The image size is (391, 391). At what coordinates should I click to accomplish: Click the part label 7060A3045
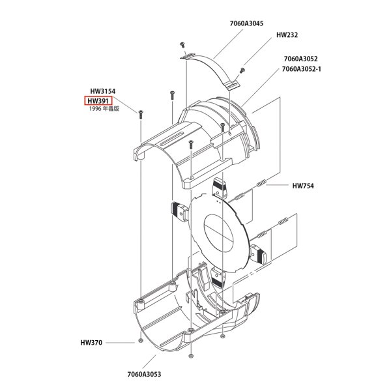[246, 23]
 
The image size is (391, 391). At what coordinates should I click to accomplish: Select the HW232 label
[287, 35]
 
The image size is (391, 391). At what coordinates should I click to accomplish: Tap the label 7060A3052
[300, 58]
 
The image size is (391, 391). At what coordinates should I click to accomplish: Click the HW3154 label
[102, 92]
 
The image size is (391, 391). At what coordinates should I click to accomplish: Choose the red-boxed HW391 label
[98, 101]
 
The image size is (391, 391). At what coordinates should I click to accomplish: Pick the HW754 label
[303, 186]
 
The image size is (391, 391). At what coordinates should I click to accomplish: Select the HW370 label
[93, 342]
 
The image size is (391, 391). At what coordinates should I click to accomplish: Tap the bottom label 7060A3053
[144, 375]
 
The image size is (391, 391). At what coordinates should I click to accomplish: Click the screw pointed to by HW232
[242, 69]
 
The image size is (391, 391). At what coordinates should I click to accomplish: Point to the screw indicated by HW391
[141, 115]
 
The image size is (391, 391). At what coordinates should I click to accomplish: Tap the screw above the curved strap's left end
[182, 44]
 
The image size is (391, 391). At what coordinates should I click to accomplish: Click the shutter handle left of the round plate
[177, 211]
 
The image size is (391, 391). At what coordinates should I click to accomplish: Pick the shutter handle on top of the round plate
[219, 188]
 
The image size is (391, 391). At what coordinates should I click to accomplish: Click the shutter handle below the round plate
[218, 278]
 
